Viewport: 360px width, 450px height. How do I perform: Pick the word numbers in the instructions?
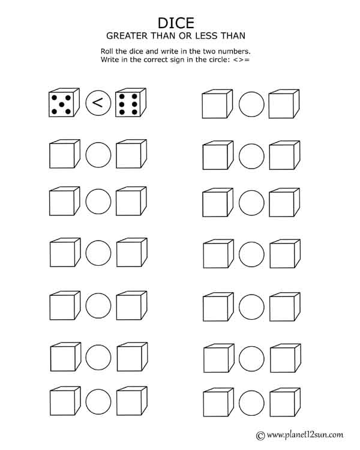point(233,52)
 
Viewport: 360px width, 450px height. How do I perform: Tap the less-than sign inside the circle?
point(98,104)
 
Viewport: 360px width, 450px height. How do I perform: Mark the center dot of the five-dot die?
point(61,104)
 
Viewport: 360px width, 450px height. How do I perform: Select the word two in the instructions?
point(207,52)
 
